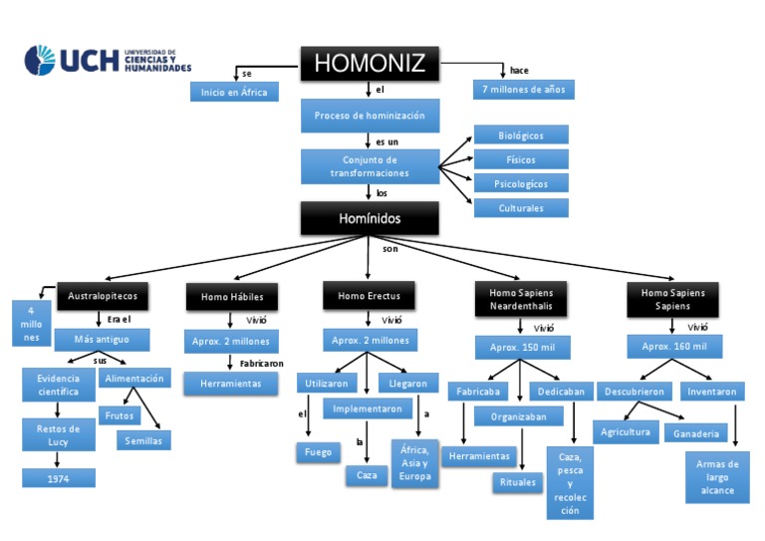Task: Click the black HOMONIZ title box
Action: pos(370,64)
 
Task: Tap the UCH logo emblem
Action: pos(41,60)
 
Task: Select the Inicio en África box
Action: pos(234,92)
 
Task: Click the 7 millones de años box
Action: pos(523,90)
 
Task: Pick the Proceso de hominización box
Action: pos(370,116)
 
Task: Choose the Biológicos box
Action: pos(520,135)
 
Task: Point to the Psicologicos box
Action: pos(520,183)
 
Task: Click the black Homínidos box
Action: pos(370,217)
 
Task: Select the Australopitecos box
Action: pos(104,296)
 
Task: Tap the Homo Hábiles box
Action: pos(232,297)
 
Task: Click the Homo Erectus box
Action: pos(369,296)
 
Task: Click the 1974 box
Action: pos(59,478)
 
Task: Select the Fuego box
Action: pos(318,452)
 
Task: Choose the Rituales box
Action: pos(517,482)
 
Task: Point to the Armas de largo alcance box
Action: pos(717,477)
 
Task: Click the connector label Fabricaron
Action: pos(262,364)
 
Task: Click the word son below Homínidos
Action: pos(389,248)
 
